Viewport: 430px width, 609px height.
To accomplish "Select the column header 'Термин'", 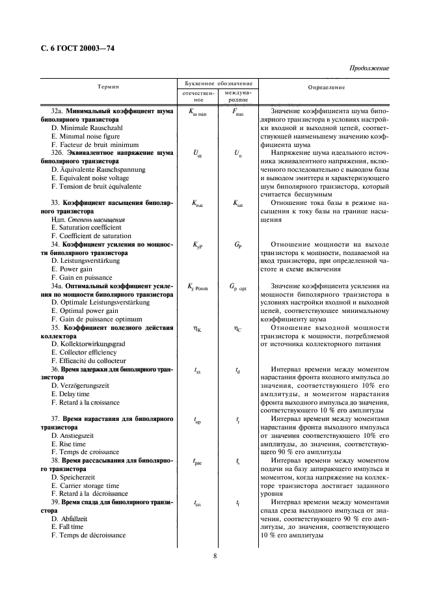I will click(x=108, y=87).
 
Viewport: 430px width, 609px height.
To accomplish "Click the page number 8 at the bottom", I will click(x=215, y=556).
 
